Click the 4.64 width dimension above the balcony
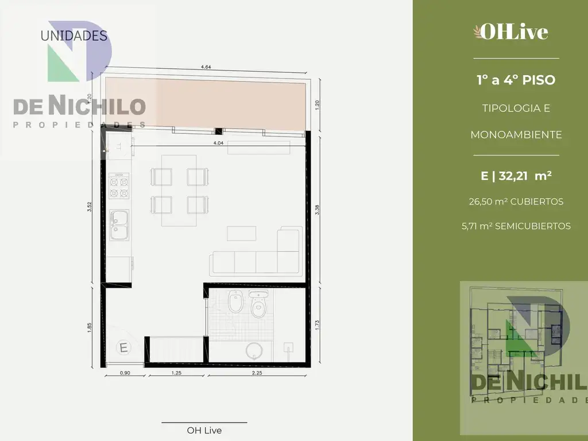pos(206,67)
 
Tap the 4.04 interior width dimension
pos(218,143)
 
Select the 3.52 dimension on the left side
pos(89,207)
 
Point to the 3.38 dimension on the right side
pos(317,210)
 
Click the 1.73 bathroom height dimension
pos(317,324)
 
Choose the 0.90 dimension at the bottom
pos(125,373)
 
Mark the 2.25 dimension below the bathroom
pos(257,373)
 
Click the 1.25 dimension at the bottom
pos(176,373)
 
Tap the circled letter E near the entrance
pos(123,347)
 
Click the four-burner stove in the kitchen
pos(119,187)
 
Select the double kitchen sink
pos(119,225)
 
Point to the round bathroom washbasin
pos(255,351)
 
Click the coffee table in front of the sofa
pos(242,233)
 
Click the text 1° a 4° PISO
pos(516,80)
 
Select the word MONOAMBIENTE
pos(516,134)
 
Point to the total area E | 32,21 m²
pos(516,176)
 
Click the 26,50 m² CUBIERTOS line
pos(516,202)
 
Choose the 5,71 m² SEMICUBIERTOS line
pos(516,226)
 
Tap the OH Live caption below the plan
pos(204,430)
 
